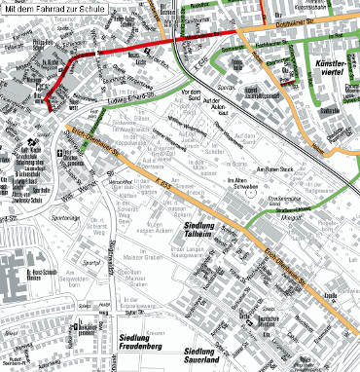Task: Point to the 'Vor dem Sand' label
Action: (196, 96)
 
